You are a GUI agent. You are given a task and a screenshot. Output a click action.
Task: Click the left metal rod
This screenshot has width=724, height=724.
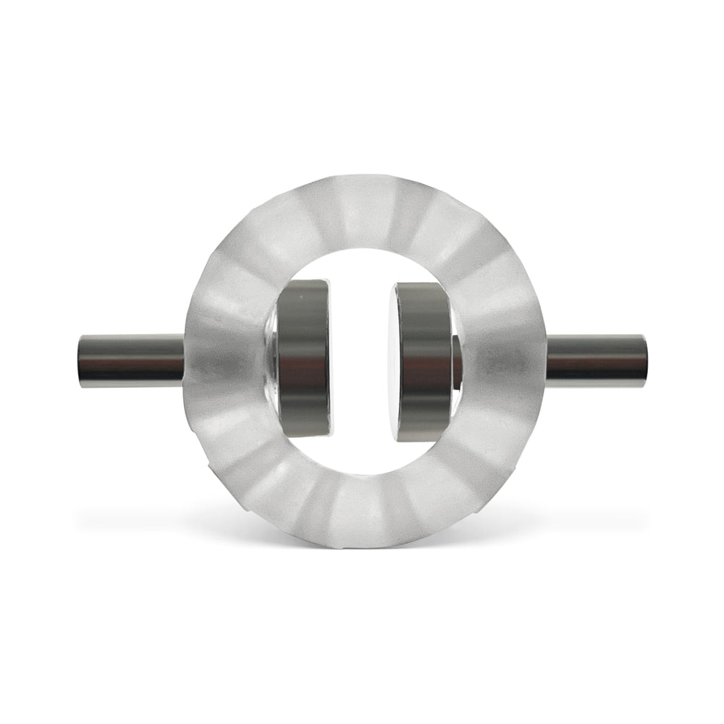[x=130, y=360]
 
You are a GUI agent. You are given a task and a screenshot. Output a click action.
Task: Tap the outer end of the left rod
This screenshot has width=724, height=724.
[x=82, y=360]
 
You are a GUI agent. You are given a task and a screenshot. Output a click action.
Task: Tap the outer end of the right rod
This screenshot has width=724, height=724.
[x=644, y=360]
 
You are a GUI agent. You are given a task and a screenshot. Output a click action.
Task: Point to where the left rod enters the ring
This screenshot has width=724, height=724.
[x=185, y=360]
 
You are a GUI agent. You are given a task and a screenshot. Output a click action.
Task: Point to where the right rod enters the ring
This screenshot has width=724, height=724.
[x=544, y=360]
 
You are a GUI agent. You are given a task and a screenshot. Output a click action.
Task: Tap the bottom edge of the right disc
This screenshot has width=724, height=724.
[x=424, y=439]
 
